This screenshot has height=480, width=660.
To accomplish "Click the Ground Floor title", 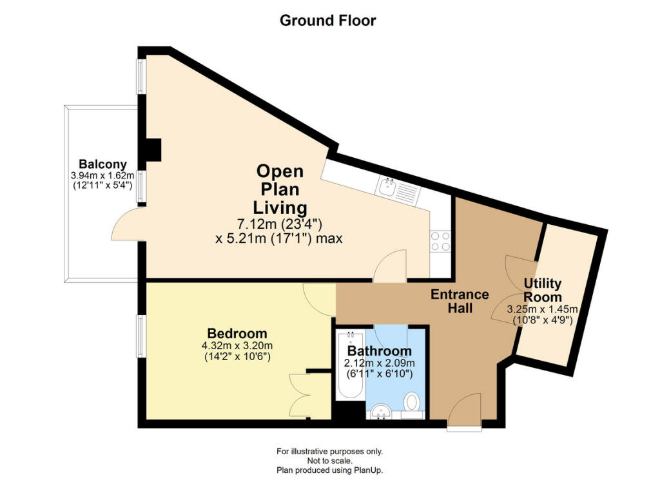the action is pos(327,20).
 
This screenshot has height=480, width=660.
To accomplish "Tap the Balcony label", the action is pos(102,164).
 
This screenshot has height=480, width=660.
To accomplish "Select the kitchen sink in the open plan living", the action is pos(399,191).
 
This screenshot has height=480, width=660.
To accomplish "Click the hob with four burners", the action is pos(440,242).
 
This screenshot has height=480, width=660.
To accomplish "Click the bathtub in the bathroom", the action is pos(350,364).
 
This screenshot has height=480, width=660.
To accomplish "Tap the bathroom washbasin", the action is pos(382,412).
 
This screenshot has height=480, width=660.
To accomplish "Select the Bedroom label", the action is pos(237,333).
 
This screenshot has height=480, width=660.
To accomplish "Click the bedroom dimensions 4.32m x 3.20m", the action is pos(237,346).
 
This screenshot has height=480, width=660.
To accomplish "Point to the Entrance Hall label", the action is pos(460,301).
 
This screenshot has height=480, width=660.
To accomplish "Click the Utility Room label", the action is pos(543,291).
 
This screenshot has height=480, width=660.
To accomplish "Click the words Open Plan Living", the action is pos(280,189).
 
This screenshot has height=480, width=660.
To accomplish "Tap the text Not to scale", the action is pos(329,461).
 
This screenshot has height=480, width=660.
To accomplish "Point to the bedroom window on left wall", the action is pos(140,337).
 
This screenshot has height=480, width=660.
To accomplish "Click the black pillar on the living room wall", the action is pos(153,149).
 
